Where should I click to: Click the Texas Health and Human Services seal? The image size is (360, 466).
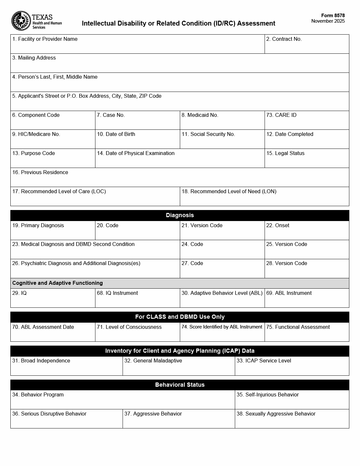click(x=21, y=21)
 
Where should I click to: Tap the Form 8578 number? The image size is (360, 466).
click(x=333, y=16)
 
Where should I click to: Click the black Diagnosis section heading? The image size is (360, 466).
click(x=180, y=215)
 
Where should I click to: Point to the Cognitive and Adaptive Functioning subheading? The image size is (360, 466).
click(x=58, y=283)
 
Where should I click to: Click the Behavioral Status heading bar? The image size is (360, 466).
click(x=180, y=385)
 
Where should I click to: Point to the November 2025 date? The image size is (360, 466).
click(x=328, y=21)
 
